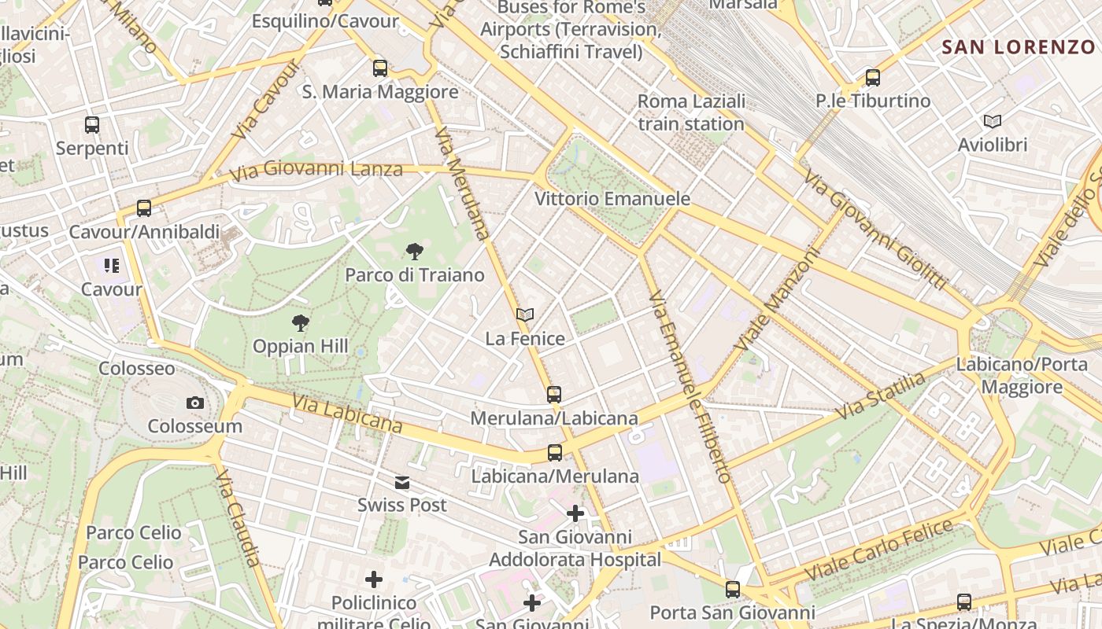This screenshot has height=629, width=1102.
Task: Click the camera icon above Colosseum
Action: (x=195, y=403)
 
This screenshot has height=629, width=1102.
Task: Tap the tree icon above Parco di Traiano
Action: (x=414, y=252)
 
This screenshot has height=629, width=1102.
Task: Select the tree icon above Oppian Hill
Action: (x=300, y=322)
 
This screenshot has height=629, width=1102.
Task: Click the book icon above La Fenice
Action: (x=525, y=315)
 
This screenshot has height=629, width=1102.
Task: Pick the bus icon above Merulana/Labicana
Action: (x=554, y=395)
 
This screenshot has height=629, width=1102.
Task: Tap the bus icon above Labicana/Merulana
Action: (x=555, y=453)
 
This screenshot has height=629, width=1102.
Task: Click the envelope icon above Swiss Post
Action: (x=402, y=483)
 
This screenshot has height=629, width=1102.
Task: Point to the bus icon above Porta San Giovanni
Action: (x=733, y=590)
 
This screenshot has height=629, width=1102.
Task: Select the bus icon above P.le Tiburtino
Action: (x=872, y=78)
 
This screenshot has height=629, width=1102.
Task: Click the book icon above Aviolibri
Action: (x=993, y=122)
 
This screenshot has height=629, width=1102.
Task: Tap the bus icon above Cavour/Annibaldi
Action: (x=143, y=208)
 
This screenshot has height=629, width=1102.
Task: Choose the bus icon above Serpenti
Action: (x=92, y=125)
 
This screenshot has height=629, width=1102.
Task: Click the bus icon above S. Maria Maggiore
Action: (x=380, y=68)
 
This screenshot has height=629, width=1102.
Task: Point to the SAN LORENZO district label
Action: (x=1019, y=46)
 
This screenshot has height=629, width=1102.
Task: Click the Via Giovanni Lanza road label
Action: (x=316, y=169)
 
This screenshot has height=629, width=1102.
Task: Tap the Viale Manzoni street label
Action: (x=777, y=300)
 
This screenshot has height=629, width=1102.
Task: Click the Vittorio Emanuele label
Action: (x=612, y=199)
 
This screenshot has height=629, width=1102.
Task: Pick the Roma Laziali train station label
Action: (x=691, y=112)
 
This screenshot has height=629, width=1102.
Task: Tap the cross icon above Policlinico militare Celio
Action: (x=374, y=580)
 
